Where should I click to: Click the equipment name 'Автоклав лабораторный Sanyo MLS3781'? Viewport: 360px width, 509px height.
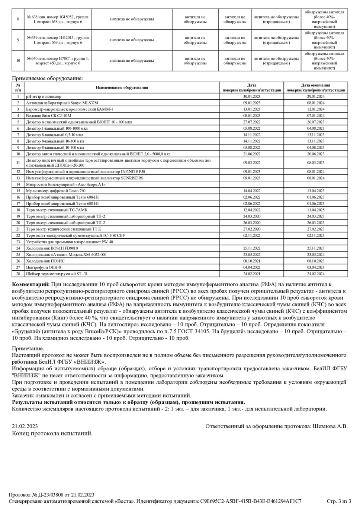(x=62, y=103)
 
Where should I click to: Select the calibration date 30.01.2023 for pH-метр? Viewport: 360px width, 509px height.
(x=252, y=97)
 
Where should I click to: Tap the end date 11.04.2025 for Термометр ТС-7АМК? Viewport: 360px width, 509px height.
(x=316, y=210)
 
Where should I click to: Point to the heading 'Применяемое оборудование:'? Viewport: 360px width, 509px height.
(x=48, y=78)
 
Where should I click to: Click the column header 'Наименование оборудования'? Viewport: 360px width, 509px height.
(x=122, y=88)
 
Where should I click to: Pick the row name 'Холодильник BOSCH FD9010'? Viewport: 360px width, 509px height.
(x=52, y=248)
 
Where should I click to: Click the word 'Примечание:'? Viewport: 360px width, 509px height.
(x=28, y=349)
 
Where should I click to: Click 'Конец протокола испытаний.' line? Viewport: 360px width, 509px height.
(x=52, y=433)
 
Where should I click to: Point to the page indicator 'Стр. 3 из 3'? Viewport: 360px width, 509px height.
(x=339, y=501)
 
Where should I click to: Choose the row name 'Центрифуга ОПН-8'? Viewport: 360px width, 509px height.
(x=44, y=267)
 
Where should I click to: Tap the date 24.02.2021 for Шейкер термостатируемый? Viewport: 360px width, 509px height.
(x=252, y=274)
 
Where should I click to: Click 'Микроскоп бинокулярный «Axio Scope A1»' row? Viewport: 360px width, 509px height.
(x=66, y=184)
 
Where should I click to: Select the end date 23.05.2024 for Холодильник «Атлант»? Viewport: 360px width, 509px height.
(x=316, y=255)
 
